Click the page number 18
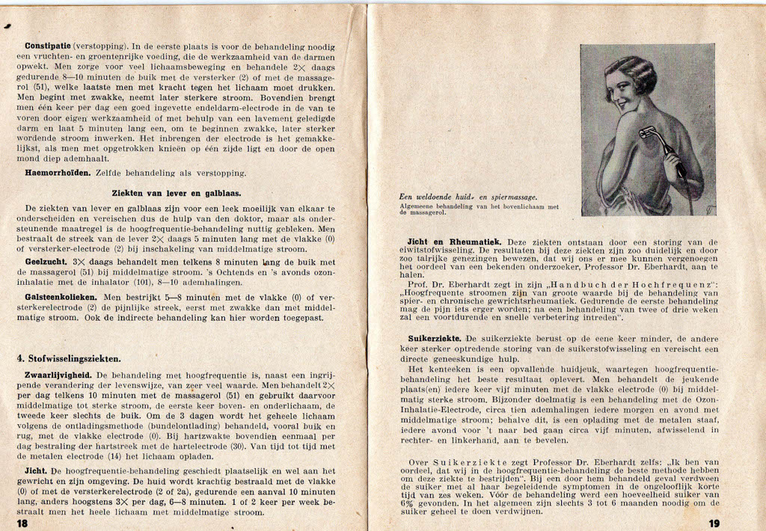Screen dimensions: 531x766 (x=22, y=523)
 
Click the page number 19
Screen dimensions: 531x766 (x=714, y=523)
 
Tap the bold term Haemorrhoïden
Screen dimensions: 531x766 (x=57, y=173)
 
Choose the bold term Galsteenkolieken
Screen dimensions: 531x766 (x=61, y=297)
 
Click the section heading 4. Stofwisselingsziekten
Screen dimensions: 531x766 (x=69, y=358)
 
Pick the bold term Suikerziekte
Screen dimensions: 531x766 (x=434, y=338)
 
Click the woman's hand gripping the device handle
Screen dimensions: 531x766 (x=672, y=161)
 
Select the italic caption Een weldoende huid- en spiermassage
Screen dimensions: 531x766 (x=469, y=197)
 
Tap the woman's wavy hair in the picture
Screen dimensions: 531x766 (x=633, y=71)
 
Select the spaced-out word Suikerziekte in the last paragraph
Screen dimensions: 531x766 (x=463, y=462)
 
